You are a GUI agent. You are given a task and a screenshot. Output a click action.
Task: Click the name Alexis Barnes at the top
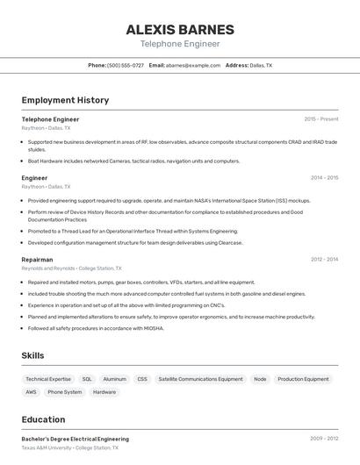pos(180,29)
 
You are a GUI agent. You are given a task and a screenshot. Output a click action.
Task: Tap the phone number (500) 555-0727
pos(126,65)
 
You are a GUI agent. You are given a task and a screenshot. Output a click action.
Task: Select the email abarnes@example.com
pos(193,65)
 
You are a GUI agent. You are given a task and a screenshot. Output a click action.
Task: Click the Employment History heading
pos(65,100)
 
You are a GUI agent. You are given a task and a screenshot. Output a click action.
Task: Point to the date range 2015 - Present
pos(320,119)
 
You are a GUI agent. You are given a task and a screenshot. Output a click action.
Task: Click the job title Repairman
pos(37,260)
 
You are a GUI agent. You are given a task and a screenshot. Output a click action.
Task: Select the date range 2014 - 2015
pos(324,178)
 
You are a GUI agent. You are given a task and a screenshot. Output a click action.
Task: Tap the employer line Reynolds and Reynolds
pos(71,268)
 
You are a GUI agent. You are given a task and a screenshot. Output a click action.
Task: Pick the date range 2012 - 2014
pos(324,260)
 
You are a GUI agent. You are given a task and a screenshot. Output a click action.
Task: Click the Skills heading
pos(33,355)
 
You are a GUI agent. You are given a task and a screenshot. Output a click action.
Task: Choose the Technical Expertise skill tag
pos(48,379)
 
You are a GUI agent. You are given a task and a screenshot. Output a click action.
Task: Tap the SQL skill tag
pos(87,379)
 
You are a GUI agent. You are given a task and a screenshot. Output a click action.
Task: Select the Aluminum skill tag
pos(114,379)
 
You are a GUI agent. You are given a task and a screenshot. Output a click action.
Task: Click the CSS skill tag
pos(142,379)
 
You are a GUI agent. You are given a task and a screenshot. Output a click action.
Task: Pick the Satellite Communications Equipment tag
pos(200,379)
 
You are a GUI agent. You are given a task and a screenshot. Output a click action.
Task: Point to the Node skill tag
pos(260,379)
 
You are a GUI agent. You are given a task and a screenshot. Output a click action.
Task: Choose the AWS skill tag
pos(31,392)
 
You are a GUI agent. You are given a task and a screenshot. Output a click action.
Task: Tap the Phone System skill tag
pos(64,392)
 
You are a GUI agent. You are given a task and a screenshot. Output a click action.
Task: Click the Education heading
pos(43,419)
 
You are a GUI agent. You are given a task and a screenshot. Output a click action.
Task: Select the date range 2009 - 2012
pos(324,439)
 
